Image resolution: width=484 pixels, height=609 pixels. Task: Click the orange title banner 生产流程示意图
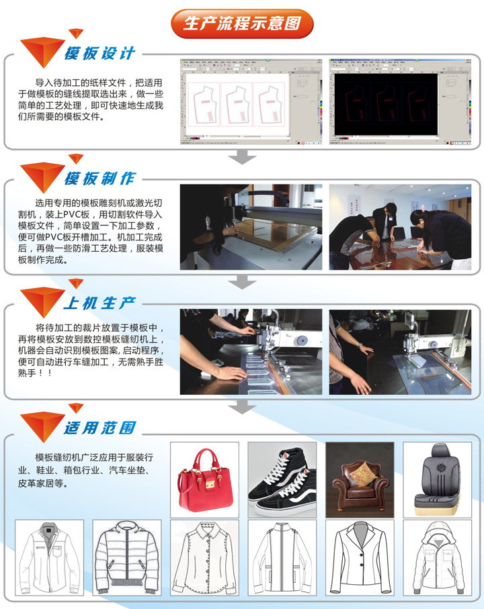point(242,24)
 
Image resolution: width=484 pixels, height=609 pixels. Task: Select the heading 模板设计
point(100,53)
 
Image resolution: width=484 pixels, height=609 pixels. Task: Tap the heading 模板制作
point(100,179)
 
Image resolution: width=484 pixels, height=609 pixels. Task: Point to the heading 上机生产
point(100,303)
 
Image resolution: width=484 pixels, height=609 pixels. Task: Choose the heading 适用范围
point(100,428)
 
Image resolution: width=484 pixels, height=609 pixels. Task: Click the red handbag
point(205,479)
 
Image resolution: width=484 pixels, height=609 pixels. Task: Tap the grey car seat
point(438,479)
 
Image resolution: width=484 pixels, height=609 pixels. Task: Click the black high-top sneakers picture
point(282,479)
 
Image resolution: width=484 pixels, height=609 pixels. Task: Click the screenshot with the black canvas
point(400,102)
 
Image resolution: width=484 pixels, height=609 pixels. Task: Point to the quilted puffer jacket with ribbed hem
point(127,558)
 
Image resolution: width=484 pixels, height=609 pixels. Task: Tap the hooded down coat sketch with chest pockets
point(438,558)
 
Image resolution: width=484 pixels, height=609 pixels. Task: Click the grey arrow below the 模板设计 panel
point(242,156)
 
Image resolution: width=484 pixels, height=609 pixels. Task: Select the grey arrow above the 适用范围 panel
point(242,406)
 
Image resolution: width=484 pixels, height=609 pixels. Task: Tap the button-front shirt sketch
point(204,558)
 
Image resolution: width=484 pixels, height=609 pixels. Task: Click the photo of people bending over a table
point(400,227)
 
